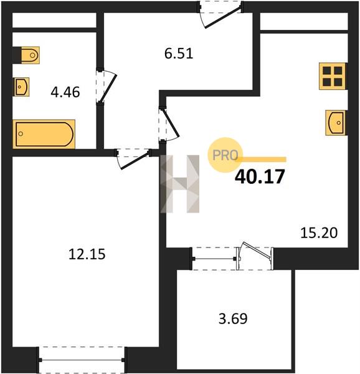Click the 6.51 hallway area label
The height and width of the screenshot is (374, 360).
coord(179,54)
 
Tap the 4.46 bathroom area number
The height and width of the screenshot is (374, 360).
coord(65,92)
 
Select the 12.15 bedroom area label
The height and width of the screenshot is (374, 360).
coord(87,254)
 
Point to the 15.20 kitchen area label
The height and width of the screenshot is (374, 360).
coord(319,233)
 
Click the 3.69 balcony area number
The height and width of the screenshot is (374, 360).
coord(233,319)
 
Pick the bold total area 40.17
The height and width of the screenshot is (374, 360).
coord(260,176)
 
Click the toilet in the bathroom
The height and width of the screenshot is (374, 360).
coord(26,55)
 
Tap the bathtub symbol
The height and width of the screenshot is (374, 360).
coord(44,134)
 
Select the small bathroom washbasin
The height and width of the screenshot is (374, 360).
coord(21,87)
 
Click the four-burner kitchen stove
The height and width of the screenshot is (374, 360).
coord(332,76)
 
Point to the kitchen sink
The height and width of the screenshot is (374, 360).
coord(336,123)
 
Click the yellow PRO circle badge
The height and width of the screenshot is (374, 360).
coord(225,155)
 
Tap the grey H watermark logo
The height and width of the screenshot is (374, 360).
coord(180,184)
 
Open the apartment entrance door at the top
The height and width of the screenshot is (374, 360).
coord(222,17)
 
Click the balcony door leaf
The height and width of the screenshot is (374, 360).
coord(257,251)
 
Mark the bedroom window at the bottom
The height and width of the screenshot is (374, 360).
coord(82,360)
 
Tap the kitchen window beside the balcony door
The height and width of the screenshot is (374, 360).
coord(214,259)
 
